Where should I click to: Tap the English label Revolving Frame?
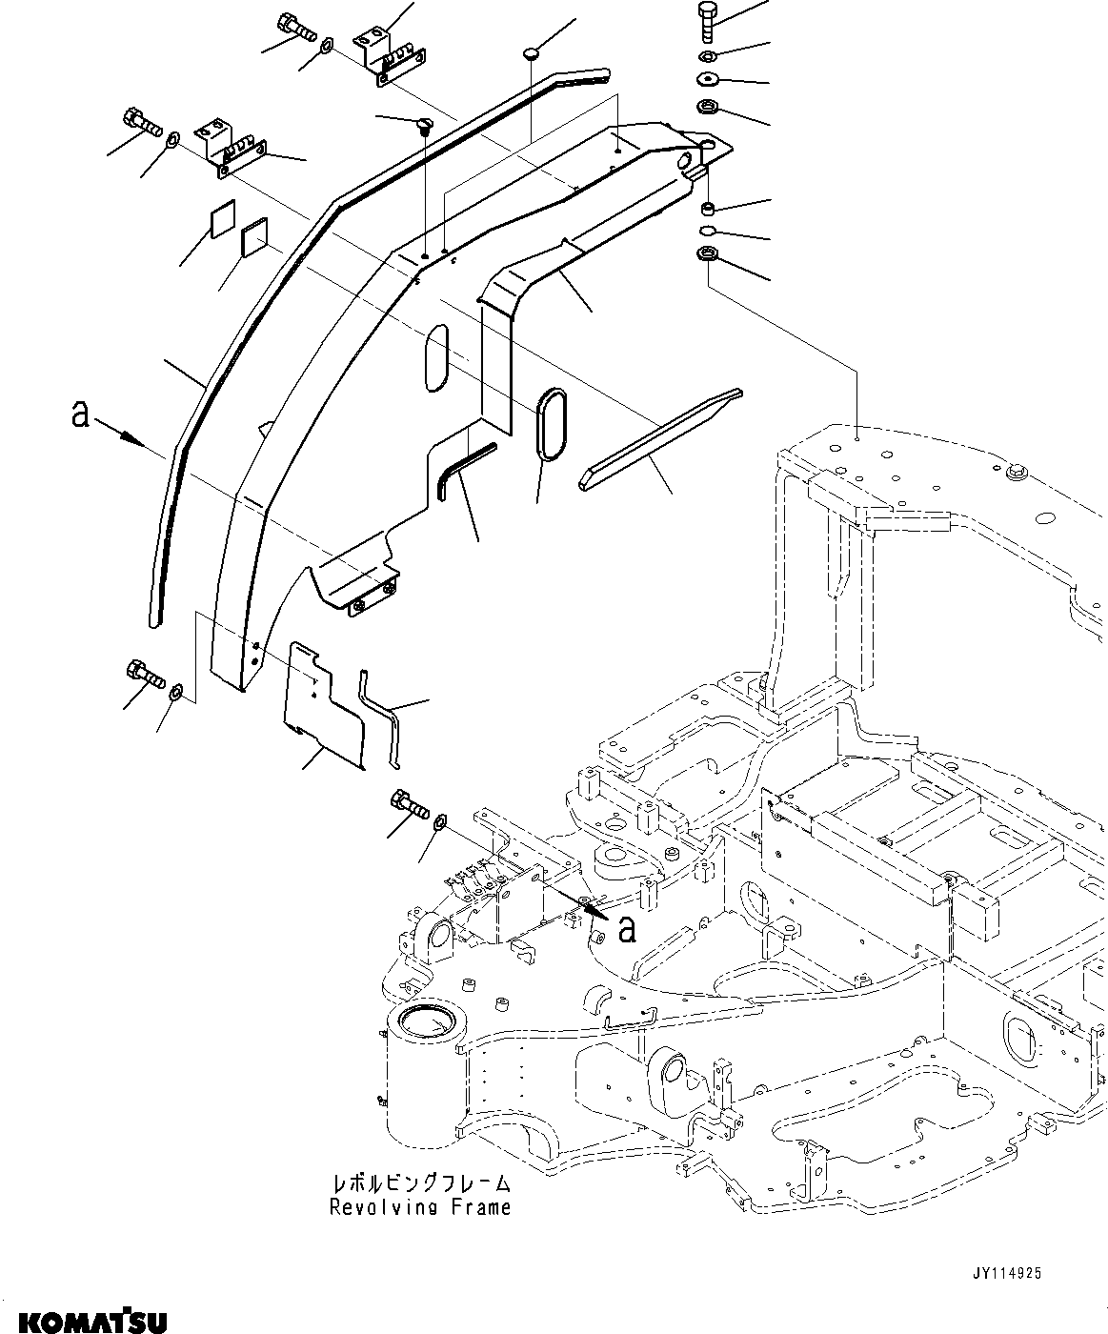[x=420, y=1207]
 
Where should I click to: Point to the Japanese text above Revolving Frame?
[x=420, y=1183]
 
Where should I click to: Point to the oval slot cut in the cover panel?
[x=435, y=356]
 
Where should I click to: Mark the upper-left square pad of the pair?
[x=222, y=222]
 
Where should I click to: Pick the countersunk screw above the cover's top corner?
[x=424, y=123]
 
